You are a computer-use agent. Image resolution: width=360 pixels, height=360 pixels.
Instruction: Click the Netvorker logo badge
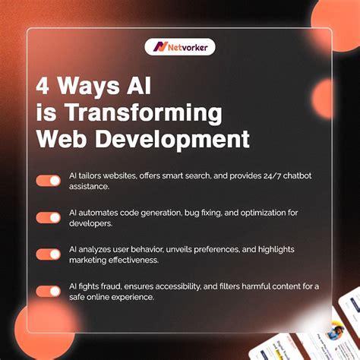[180, 46]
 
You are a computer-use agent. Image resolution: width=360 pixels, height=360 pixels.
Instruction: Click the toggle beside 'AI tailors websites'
[48, 181]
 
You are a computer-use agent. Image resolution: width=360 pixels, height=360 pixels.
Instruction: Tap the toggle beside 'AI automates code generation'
[48, 217]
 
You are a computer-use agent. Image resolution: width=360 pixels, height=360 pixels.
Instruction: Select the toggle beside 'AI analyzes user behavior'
[48, 254]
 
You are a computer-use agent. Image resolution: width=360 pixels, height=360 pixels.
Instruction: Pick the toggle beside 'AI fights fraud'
[48, 291]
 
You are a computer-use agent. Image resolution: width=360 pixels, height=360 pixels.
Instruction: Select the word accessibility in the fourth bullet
[200, 285]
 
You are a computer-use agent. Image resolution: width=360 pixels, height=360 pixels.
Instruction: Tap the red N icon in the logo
[159, 46]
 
